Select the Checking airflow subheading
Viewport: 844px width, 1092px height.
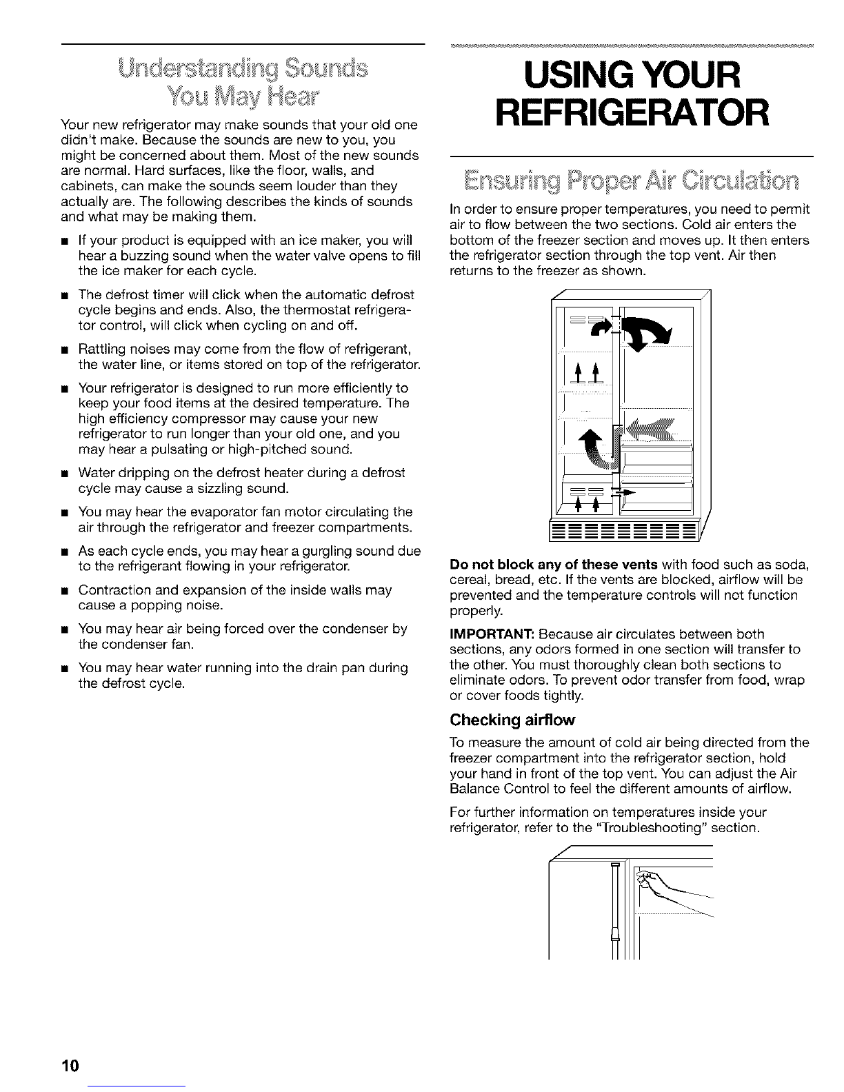pos(512,720)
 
